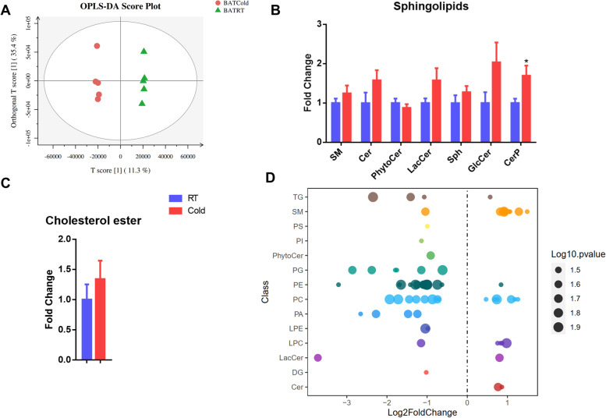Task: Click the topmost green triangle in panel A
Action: (x=144, y=51)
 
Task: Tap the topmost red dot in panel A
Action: (x=97, y=46)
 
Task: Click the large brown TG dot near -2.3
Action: (x=373, y=197)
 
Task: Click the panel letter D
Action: (x=270, y=179)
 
